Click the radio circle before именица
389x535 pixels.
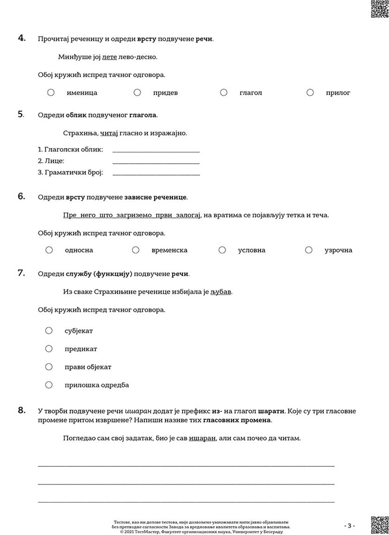click(51, 93)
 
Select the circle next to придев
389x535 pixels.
click(137, 93)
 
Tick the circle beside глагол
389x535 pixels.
click(224, 93)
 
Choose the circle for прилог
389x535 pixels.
click(310, 93)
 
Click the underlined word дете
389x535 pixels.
click(109, 57)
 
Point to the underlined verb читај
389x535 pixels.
click(109, 133)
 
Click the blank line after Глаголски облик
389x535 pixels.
click(156, 150)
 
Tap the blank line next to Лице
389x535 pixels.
click(156, 161)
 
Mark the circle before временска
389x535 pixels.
click(136, 250)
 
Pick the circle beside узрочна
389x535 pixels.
click(309, 250)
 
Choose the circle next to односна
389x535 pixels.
click(49, 250)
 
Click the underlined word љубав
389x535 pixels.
click(221, 292)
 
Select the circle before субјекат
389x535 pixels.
click(49, 330)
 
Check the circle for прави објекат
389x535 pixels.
click(49, 367)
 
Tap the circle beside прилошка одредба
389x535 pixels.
click(49, 385)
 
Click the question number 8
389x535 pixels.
click(21, 410)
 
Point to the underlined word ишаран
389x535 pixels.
click(202, 438)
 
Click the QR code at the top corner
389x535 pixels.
click(379, 9)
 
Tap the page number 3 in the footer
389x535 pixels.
click(349, 525)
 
